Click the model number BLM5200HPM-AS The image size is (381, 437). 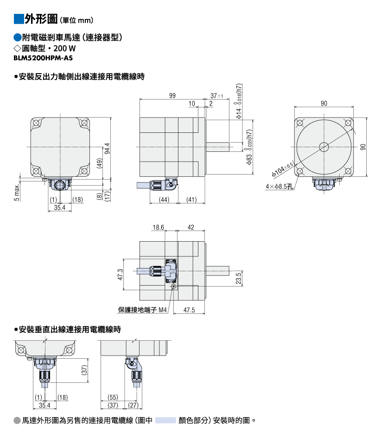point(43,58)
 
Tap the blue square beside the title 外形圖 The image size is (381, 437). point(19,19)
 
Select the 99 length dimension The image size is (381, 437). point(172,95)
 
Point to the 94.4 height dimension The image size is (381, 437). point(107,148)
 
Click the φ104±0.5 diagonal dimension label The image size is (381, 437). point(282,169)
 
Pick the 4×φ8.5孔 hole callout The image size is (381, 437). point(279,187)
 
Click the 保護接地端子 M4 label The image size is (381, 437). point(142,310)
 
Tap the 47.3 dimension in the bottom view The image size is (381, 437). point(121,275)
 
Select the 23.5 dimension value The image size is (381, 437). point(238,278)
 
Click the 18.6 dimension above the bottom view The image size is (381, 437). point(158,227)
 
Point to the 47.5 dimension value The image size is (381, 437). point(189,310)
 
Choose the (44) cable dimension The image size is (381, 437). point(164,200)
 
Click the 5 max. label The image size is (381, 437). point(17,192)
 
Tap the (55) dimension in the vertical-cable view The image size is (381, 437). point(113,397)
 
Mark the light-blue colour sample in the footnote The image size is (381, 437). point(165,420)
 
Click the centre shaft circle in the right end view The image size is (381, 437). point(324,147)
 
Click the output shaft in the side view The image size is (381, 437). point(217,147)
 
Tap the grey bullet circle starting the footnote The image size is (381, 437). point(17,420)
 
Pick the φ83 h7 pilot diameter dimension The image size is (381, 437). point(249,147)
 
